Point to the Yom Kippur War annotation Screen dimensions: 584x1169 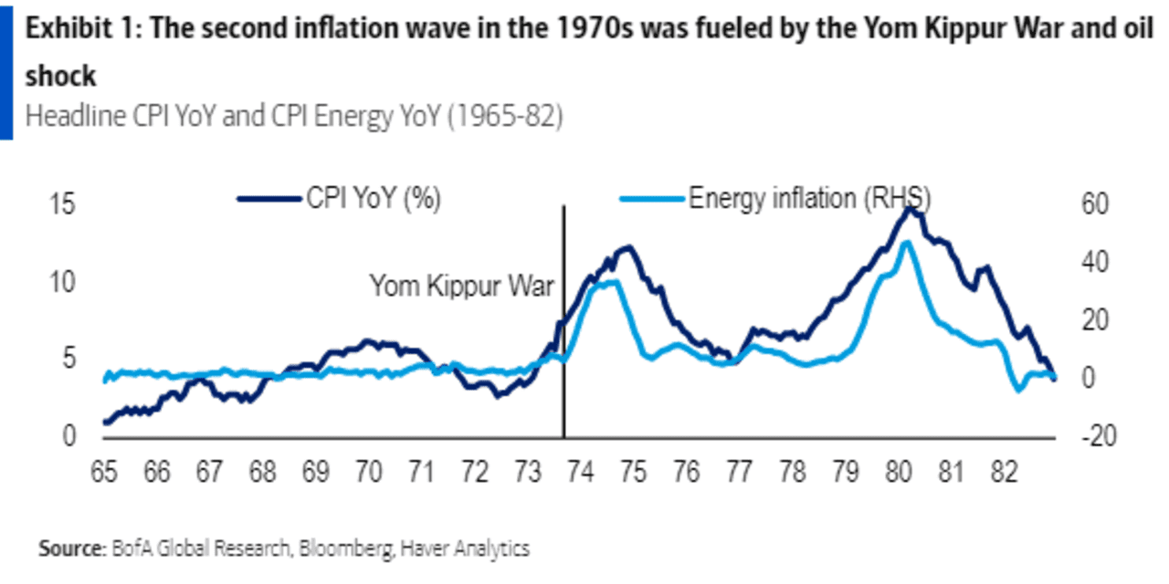click(461, 286)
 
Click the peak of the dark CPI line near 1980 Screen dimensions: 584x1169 click(910, 209)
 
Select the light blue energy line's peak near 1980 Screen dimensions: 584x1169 click(905, 243)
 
